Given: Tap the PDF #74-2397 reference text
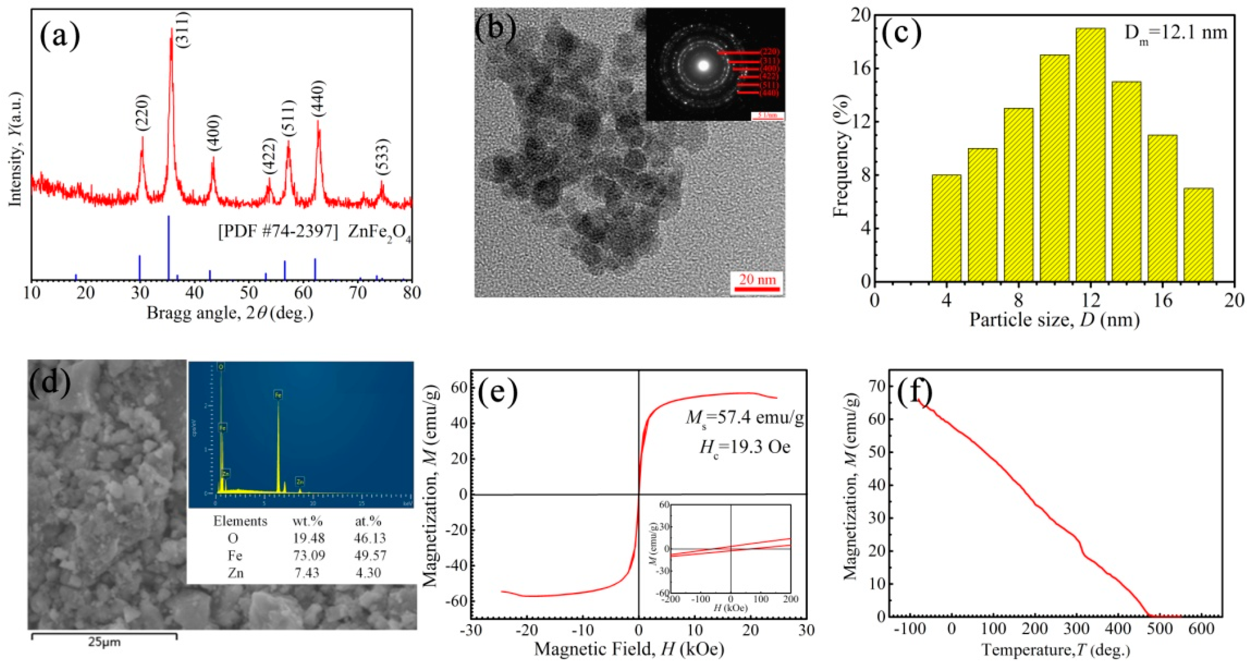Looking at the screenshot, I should pos(277,232).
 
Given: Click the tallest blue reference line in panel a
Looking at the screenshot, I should pos(168,248).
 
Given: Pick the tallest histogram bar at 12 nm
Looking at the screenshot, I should pos(1090,155).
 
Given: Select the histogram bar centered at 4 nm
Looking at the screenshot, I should pos(946,228).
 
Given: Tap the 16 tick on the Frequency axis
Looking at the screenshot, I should pos(860,68).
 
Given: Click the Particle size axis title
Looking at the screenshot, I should pos(1054,320).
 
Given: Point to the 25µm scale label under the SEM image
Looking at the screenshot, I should pos(104,642).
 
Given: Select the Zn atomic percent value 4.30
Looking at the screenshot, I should pos(368,573).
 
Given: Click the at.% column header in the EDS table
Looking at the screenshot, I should pos(368,521).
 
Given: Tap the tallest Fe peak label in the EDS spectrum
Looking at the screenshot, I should pos(278,394).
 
